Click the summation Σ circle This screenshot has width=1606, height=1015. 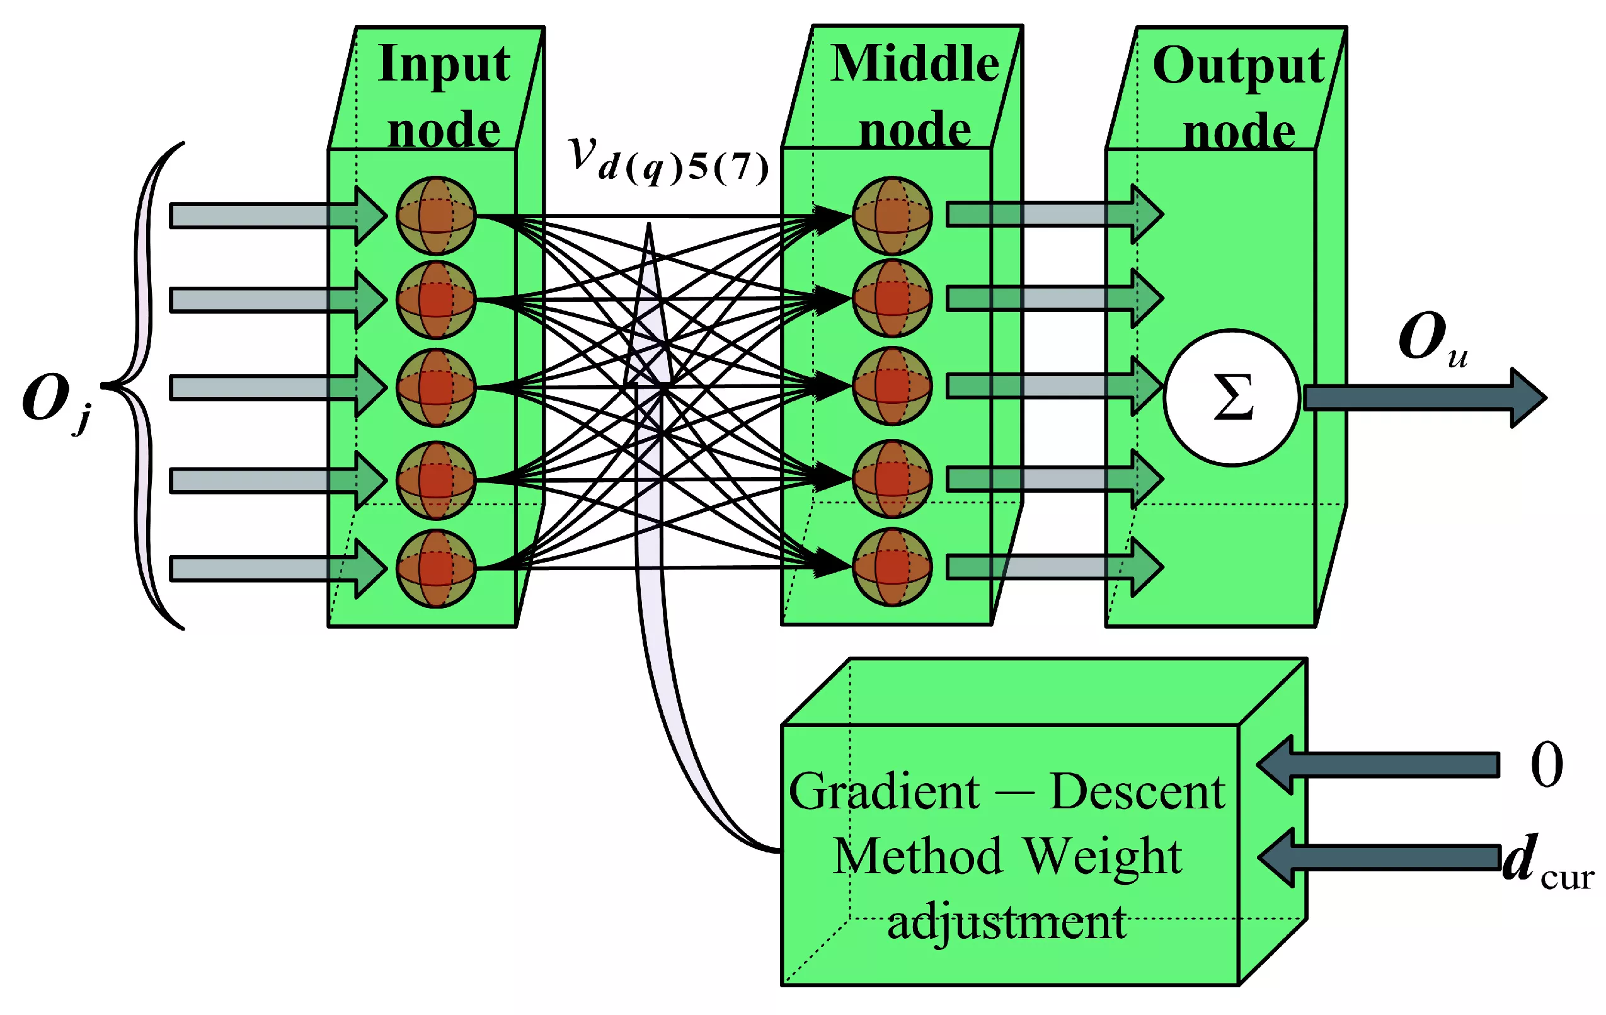(x=1231, y=398)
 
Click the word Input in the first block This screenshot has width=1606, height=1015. (x=444, y=65)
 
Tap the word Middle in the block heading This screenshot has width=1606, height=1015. (x=914, y=65)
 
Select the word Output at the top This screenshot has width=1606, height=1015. (x=1238, y=67)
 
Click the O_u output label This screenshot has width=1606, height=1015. (x=1430, y=339)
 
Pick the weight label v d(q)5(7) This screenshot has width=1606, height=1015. (x=667, y=161)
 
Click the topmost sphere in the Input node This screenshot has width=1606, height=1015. (x=435, y=216)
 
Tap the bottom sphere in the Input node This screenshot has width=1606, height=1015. (x=435, y=568)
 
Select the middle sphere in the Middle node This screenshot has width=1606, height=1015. (x=892, y=386)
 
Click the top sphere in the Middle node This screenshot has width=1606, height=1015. (x=892, y=216)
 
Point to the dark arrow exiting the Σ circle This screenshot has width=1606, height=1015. (x=1421, y=398)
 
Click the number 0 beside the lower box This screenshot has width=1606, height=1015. (x=1546, y=765)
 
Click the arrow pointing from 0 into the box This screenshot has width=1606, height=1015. (x=1374, y=765)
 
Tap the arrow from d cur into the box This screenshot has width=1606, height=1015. (x=1374, y=857)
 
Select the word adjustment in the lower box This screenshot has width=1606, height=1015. (x=1006, y=923)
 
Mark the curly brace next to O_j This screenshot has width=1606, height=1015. (x=144, y=386)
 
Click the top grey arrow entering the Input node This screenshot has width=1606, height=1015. (x=267, y=216)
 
